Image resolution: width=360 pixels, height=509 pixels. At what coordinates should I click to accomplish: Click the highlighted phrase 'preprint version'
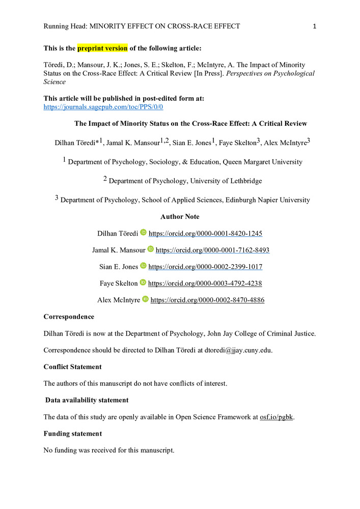(102, 48)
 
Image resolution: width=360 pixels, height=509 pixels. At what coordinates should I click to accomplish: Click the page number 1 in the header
(315, 26)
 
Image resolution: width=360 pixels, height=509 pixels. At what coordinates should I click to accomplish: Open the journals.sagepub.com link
(103, 107)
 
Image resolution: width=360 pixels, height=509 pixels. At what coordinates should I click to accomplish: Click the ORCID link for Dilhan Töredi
(205, 233)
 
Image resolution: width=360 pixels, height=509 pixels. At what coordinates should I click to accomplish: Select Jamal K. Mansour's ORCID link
(212, 250)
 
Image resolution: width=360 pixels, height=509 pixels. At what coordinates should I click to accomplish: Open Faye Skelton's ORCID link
(205, 283)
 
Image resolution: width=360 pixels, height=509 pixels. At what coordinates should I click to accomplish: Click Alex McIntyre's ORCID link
(207, 300)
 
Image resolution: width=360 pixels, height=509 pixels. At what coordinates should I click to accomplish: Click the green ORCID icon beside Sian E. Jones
(143, 266)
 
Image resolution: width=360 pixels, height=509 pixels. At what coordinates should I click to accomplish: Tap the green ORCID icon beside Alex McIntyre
(145, 299)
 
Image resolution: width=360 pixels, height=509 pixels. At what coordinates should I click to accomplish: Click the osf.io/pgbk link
(276, 417)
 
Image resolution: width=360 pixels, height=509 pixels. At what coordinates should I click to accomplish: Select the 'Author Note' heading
(180, 217)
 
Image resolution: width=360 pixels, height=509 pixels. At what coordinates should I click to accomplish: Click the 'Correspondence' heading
(69, 317)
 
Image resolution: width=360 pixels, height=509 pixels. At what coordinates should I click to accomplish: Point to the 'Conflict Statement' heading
(72, 366)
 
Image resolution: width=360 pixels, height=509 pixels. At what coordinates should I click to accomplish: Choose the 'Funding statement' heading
(72, 434)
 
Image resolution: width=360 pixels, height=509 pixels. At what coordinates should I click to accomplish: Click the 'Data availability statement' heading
(87, 400)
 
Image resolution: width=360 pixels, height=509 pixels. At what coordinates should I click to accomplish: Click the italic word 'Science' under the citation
(54, 81)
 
